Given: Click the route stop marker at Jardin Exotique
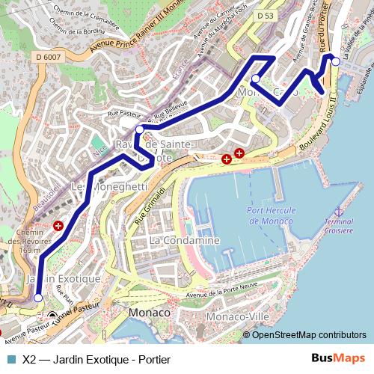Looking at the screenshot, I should tap(38, 298).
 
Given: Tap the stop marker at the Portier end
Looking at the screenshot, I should tap(336, 61).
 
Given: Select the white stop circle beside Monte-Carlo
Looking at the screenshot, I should tap(256, 79).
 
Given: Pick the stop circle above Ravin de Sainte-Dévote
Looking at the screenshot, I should tap(139, 129).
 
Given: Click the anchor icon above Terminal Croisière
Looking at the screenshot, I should tap(337, 213).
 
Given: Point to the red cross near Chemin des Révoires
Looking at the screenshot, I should tap(58, 225).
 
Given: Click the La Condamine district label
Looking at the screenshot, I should tap(184, 241).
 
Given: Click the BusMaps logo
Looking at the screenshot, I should tap(343, 358).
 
